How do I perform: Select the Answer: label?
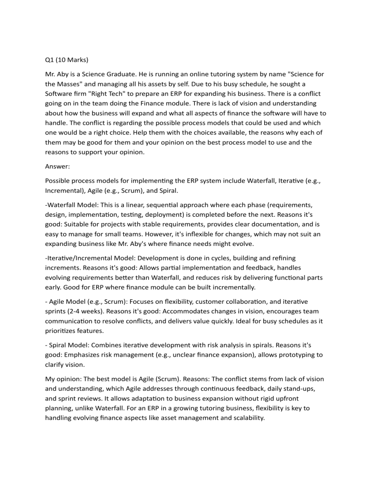click(x=54, y=166)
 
